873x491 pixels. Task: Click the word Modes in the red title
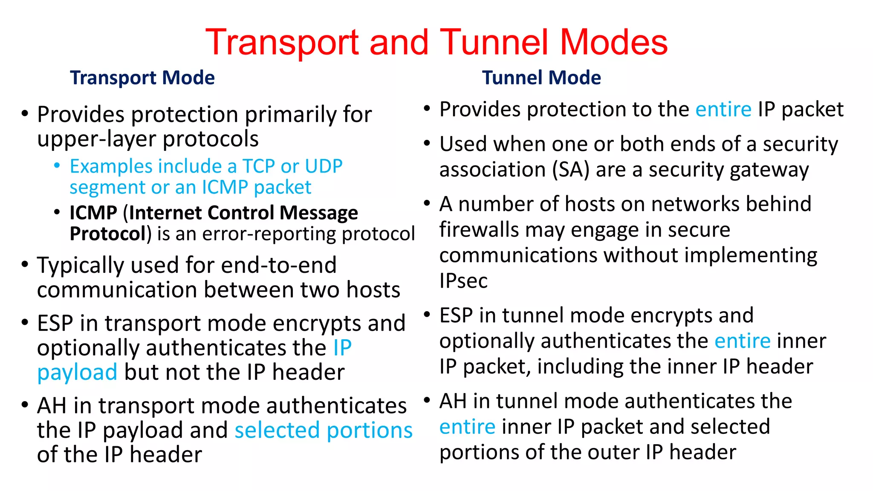[613, 43]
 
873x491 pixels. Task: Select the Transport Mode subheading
[142, 78]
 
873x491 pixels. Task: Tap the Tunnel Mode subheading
[541, 78]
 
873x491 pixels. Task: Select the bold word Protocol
[108, 234]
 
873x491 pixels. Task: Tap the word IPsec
[463, 281]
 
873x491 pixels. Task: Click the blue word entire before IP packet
[723, 110]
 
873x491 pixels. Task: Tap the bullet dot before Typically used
[25, 264]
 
